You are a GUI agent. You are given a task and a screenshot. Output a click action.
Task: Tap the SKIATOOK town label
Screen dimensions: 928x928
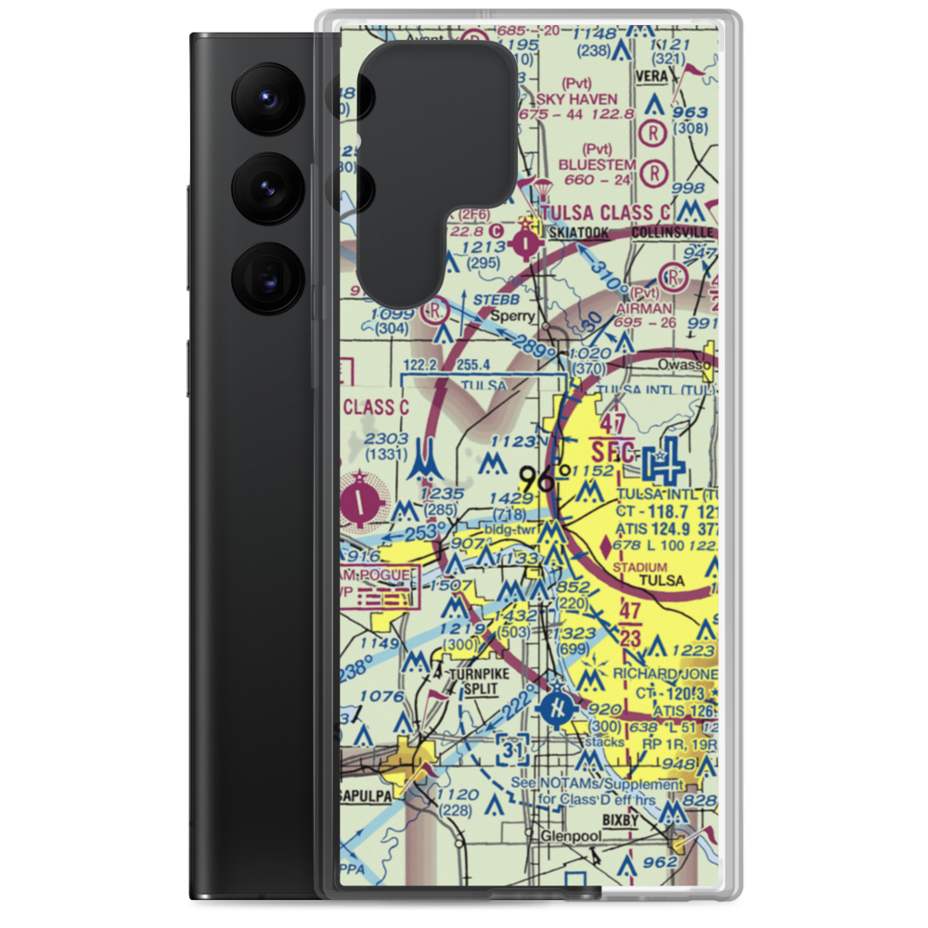[x=579, y=233]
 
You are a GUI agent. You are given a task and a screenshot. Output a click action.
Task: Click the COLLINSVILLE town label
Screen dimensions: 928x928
[x=672, y=232]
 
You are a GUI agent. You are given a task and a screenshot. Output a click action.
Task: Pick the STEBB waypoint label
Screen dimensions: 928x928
[x=492, y=300]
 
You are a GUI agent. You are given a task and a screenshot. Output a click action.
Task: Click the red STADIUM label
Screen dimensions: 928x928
[x=640, y=567]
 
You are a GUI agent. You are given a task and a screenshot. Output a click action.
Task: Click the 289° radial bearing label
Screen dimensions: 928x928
[x=538, y=353]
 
